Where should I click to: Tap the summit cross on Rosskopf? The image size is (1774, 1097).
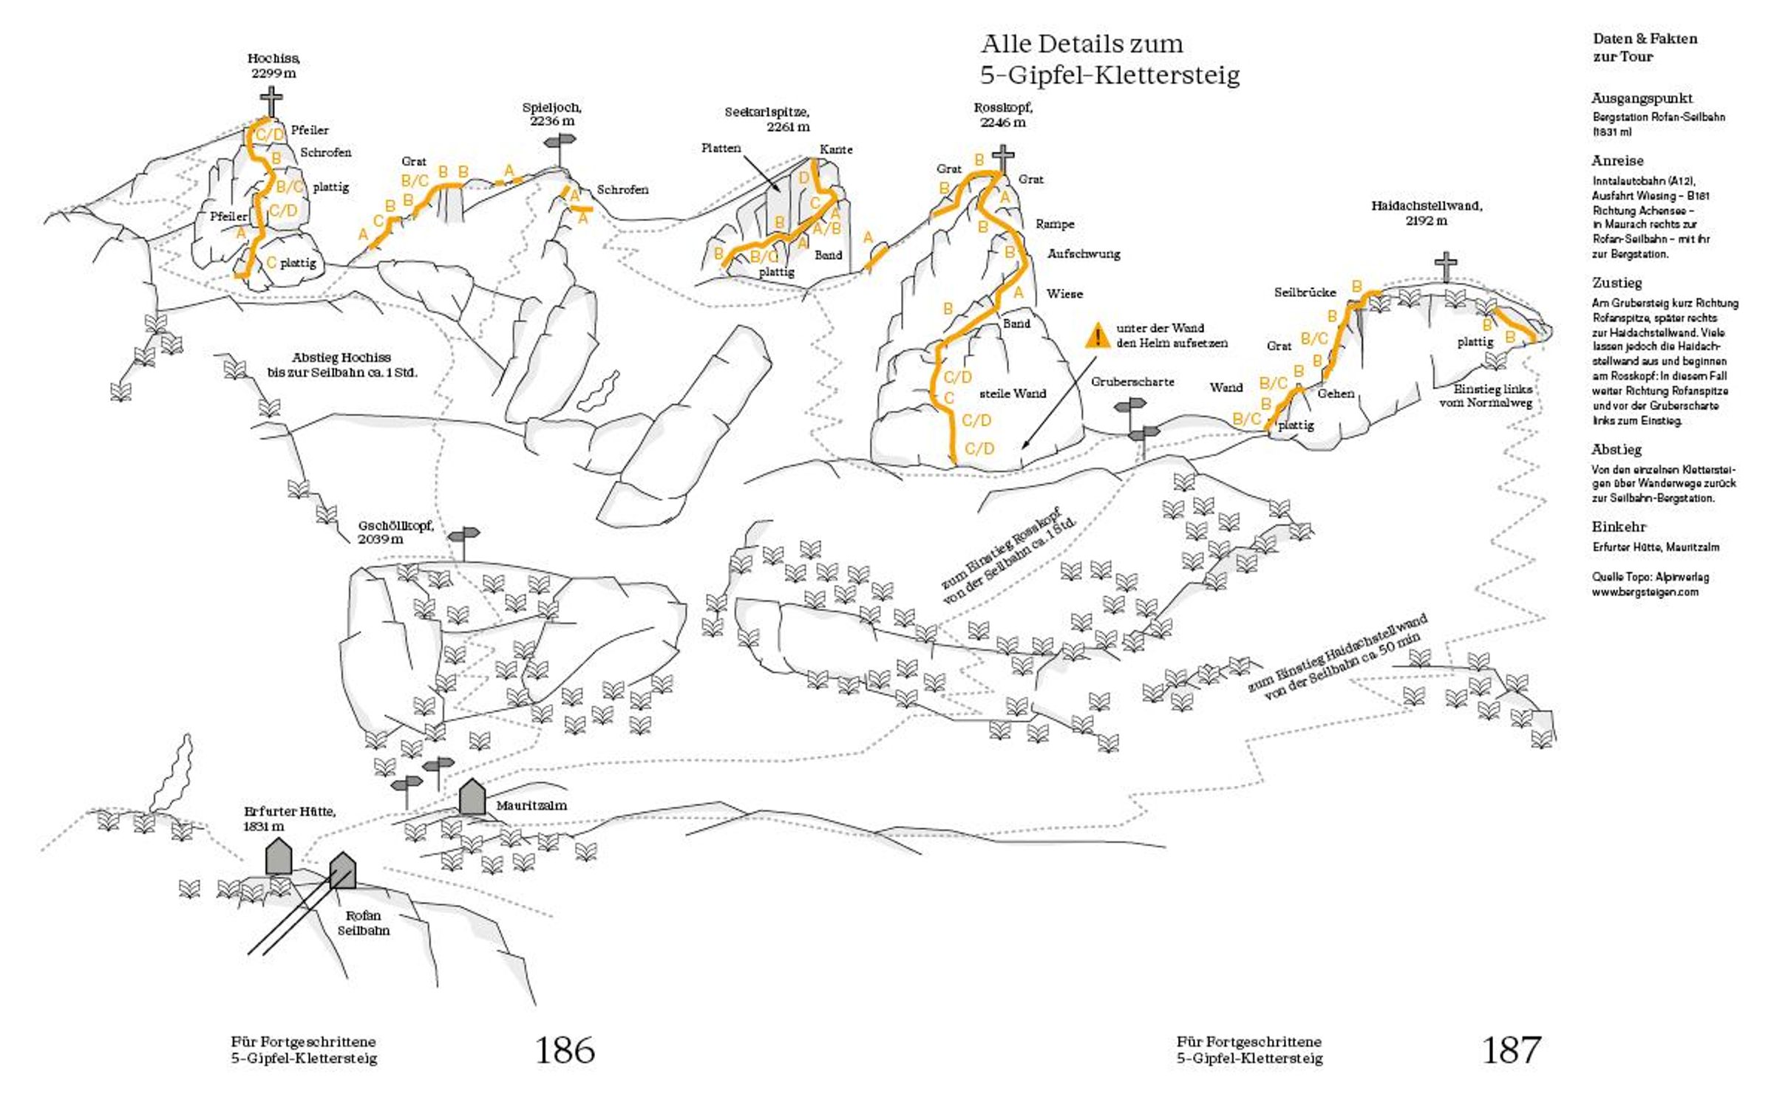1002,160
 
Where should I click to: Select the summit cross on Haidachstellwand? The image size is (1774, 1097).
1446,266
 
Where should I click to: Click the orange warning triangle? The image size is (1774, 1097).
1099,336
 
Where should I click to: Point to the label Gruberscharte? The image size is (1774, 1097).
1132,382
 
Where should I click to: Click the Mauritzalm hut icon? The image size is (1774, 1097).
472,796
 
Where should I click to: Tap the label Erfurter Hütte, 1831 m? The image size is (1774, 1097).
289,819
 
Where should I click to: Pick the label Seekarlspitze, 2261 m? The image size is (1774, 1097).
767,119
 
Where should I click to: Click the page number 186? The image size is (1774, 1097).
565,1049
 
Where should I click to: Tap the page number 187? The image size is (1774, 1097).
1512,1049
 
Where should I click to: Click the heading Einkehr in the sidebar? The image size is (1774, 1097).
1619,527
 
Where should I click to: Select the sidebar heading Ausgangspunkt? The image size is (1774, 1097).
1642,98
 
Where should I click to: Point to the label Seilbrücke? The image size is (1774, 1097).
1305,293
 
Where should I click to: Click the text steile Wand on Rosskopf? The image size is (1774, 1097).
1012,394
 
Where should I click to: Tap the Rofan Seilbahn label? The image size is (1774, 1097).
363,923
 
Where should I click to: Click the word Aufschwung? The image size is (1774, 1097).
1084,254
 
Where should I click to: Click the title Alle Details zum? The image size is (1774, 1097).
1081,44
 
